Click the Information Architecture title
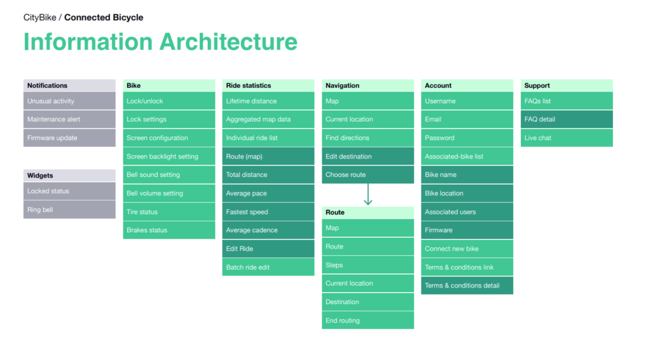(160, 42)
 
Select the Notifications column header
(69, 85)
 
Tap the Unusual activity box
(69, 101)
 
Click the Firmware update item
(69, 138)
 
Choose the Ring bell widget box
(69, 210)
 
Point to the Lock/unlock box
(169, 101)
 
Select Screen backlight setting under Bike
(169, 156)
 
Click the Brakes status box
(169, 230)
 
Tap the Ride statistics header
(268, 85)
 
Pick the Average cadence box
(268, 230)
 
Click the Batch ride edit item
(268, 267)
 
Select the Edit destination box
(367, 156)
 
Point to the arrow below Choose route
(368, 195)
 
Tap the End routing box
(367, 321)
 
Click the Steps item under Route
(367, 265)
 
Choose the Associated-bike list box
(467, 156)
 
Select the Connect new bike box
(467, 249)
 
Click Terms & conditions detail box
(467, 286)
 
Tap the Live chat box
(568, 138)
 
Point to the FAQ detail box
(568, 119)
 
